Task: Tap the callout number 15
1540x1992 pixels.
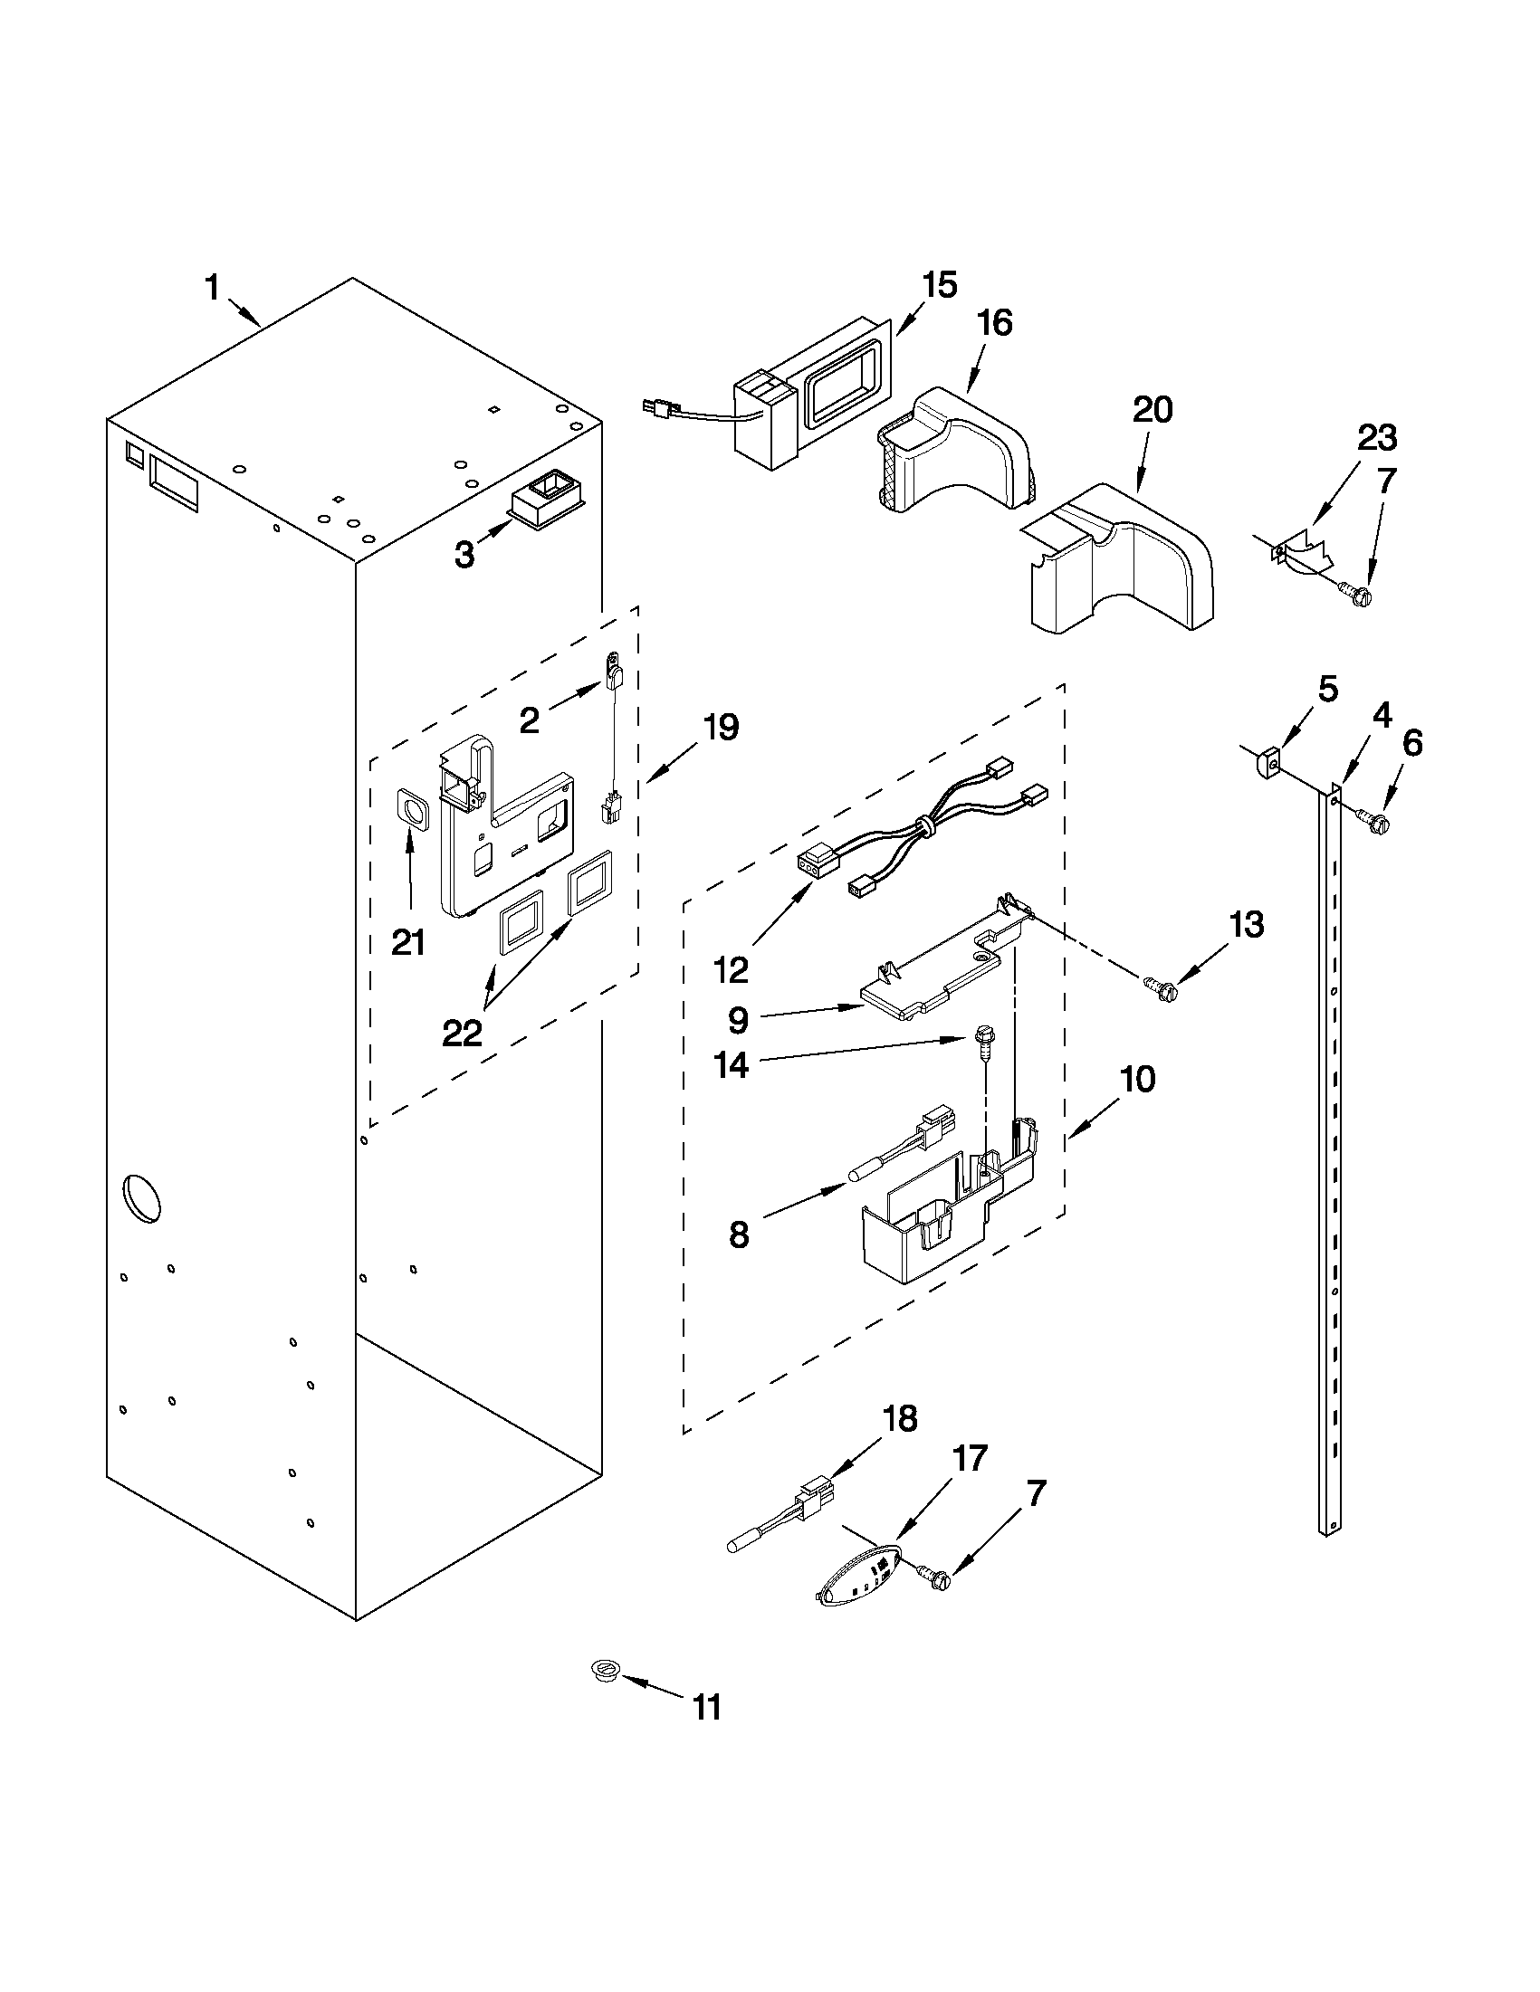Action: pos(939,285)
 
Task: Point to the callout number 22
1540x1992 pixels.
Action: pos(462,1034)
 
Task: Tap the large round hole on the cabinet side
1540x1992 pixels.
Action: pos(140,1197)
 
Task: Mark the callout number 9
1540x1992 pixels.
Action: pos(737,1020)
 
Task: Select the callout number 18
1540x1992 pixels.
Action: pos(900,1419)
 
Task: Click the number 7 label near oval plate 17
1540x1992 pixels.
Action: pos(1036,1495)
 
